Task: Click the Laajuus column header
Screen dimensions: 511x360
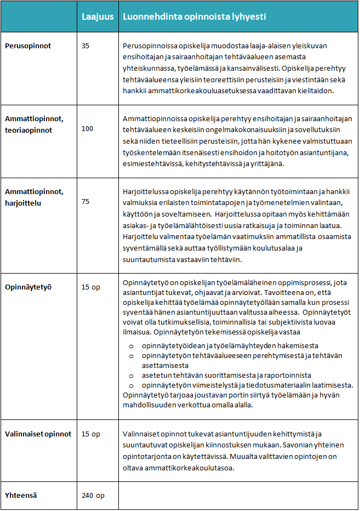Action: pos(98,17)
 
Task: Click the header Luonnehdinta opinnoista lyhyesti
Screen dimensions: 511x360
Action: pos(195,17)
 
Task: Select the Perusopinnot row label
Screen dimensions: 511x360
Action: pos(28,46)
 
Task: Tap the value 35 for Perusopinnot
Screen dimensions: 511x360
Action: pos(85,46)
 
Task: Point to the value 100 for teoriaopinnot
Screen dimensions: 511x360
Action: pos(88,128)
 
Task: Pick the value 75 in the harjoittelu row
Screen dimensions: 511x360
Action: pos(85,201)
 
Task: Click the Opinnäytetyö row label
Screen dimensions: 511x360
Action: pos(28,286)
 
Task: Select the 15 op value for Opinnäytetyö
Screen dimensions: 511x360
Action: pos(91,286)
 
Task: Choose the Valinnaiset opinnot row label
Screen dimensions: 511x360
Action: pos(38,434)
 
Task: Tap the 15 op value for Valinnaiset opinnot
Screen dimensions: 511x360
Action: pos(91,434)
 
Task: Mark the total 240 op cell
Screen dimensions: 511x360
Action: pos(93,495)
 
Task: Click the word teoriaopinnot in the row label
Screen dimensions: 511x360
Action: pos(29,130)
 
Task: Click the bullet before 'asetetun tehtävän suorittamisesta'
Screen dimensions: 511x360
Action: pos(131,376)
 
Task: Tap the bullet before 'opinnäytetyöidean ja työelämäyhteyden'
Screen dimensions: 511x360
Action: pos(131,346)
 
